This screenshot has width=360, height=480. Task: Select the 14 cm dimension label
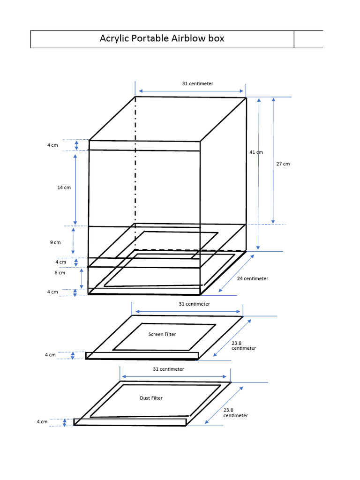pos(64,187)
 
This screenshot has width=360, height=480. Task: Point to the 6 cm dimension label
pos(60,272)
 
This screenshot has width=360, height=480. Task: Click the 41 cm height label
pos(256,152)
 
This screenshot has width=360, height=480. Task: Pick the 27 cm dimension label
pos(283,164)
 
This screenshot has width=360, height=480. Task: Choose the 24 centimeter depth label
pos(252,278)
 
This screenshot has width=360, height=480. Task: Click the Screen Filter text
pos(163,334)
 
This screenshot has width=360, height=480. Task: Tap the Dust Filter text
pos(151,398)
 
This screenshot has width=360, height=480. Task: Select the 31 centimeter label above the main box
pos(197,83)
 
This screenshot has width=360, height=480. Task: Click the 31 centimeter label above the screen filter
pos(194,304)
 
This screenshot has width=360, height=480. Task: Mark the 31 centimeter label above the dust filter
pos(168,369)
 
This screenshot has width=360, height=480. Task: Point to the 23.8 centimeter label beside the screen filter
pos(244,345)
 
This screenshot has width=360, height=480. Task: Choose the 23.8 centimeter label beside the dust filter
pos(235,413)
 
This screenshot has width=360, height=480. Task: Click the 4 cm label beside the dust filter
pos(42,422)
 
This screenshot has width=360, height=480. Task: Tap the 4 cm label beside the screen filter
pos(50,355)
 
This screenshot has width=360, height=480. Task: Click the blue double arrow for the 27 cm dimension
pos(273,160)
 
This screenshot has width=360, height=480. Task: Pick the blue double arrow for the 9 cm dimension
pos(73,241)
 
